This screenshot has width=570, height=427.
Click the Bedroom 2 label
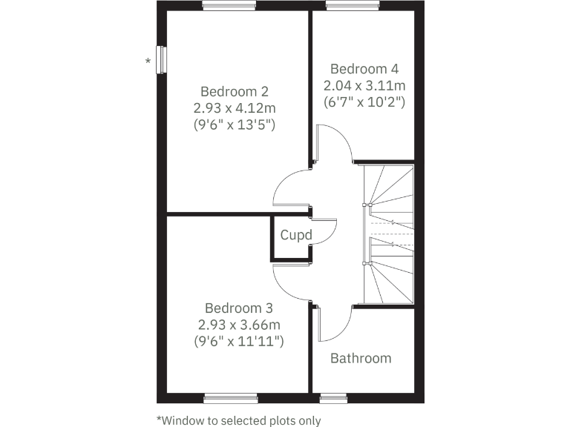235,92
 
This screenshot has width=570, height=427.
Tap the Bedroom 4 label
364,68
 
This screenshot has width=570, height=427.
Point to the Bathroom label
361,359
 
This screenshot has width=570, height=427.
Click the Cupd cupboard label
296,236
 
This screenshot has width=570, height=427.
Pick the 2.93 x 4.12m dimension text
235,108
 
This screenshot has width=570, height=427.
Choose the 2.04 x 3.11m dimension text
364,85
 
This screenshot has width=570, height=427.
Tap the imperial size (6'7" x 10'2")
364,102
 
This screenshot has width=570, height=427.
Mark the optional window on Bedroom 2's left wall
160,59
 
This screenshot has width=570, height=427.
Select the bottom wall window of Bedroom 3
231,398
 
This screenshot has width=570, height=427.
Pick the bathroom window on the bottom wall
333,398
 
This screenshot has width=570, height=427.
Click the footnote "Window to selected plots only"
239,420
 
